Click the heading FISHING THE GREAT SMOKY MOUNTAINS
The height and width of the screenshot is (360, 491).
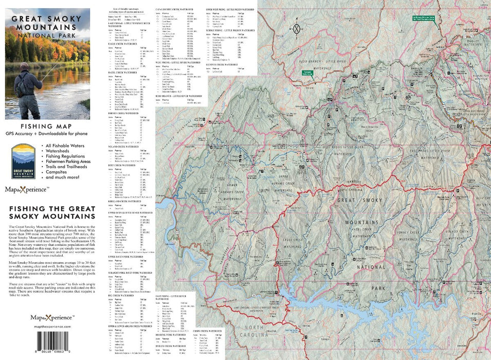tap(48, 213)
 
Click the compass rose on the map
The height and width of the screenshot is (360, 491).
tap(296, 28)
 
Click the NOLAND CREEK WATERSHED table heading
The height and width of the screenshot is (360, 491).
tap(124, 146)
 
